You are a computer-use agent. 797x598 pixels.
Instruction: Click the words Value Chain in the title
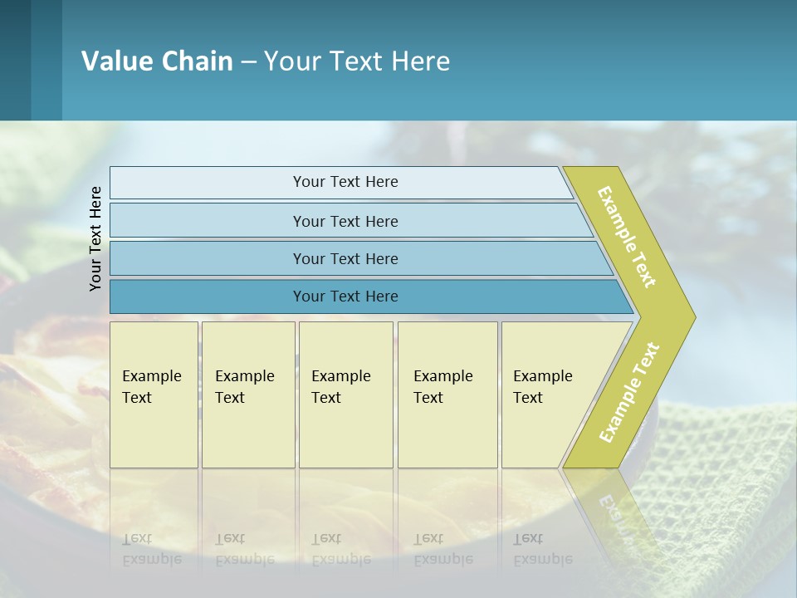tap(157, 61)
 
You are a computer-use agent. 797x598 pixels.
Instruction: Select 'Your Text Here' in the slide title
tap(357, 61)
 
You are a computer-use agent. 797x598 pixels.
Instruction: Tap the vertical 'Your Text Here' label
tap(95, 238)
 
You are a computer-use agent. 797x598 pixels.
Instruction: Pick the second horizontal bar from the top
tap(345, 221)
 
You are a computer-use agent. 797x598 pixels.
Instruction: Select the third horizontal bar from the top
tap(345, 258)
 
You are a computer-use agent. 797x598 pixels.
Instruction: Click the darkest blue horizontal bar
tap(345, 297)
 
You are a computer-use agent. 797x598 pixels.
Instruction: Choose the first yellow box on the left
tap(154, 395)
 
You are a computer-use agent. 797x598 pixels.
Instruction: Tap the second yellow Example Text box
tap(247, 395)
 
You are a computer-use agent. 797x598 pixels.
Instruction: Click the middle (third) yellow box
tap(345, 395)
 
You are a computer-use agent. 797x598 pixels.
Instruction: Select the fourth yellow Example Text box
tap(447, 395)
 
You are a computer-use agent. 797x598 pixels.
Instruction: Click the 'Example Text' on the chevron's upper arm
tap(627, 237)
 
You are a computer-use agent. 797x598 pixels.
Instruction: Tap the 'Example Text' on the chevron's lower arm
tap(629, 392)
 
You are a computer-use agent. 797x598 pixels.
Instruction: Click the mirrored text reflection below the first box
tap(152, 549)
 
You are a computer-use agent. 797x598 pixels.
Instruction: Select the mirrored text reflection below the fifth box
tap(543, 549)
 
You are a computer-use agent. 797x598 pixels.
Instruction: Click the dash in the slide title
tap(248, 61)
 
